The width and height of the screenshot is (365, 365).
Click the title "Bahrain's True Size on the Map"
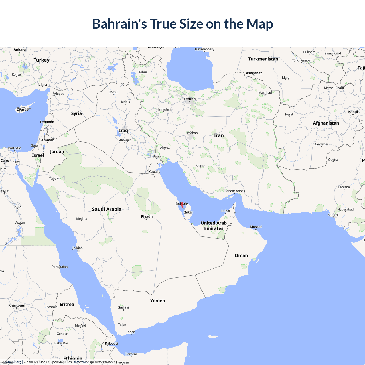[182, 24]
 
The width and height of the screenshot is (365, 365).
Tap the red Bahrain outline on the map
[182, 205]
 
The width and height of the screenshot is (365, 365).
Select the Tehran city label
[190, 99]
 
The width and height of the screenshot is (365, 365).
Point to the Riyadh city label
[147, 216]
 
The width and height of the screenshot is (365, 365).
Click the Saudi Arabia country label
[107, 209]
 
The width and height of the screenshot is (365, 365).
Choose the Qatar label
[188, 212]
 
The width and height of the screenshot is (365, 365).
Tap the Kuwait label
[154, 171]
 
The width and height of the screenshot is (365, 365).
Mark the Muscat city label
[256, 227]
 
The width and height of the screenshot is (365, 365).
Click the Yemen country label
[158, 301]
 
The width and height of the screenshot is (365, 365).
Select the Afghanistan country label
[326, 123]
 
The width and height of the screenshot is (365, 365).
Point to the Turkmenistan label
[263, 59]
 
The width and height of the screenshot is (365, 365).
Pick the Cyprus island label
[23, 109]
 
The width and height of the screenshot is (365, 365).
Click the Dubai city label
[226, 211]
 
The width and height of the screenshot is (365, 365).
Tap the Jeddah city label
[78, 248]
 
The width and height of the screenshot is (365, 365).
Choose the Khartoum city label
[17, 305]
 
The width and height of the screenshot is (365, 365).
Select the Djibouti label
[111, 343]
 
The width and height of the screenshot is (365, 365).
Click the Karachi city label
[333, 215]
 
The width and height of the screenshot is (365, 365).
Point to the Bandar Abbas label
[235, 191]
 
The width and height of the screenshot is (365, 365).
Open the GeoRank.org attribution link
[11, 362]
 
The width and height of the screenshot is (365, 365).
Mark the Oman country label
[241, 255]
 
